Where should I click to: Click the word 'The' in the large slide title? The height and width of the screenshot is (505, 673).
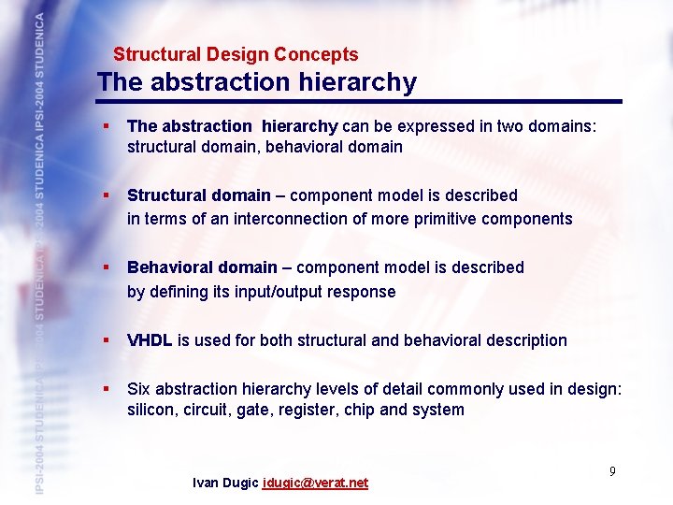tap(118, 82)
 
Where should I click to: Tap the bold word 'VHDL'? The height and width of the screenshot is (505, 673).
tap(150, 340)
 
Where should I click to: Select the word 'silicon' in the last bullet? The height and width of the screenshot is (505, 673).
tap(151, 411)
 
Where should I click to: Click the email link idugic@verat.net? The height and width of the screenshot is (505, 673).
tap(315, 483)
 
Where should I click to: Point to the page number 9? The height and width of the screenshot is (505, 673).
tap(612, 471)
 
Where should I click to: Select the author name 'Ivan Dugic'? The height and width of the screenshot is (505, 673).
tap(225, 483)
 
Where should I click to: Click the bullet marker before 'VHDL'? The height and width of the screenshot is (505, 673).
tap(108, 339)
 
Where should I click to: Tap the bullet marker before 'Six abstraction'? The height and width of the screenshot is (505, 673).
tap(108, 388)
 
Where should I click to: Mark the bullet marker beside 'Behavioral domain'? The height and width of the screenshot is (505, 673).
tap(108, 267)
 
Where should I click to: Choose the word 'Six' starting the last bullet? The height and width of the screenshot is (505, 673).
tap(139, 389)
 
